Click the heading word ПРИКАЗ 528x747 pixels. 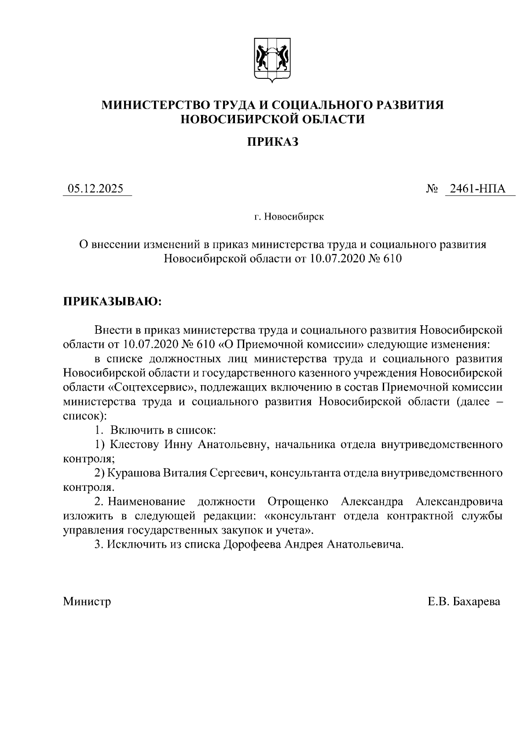click(272, 142)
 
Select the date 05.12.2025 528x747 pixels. click(95, 189)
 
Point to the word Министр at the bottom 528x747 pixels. click(87, 601)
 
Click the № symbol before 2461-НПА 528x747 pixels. click(432, 189)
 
